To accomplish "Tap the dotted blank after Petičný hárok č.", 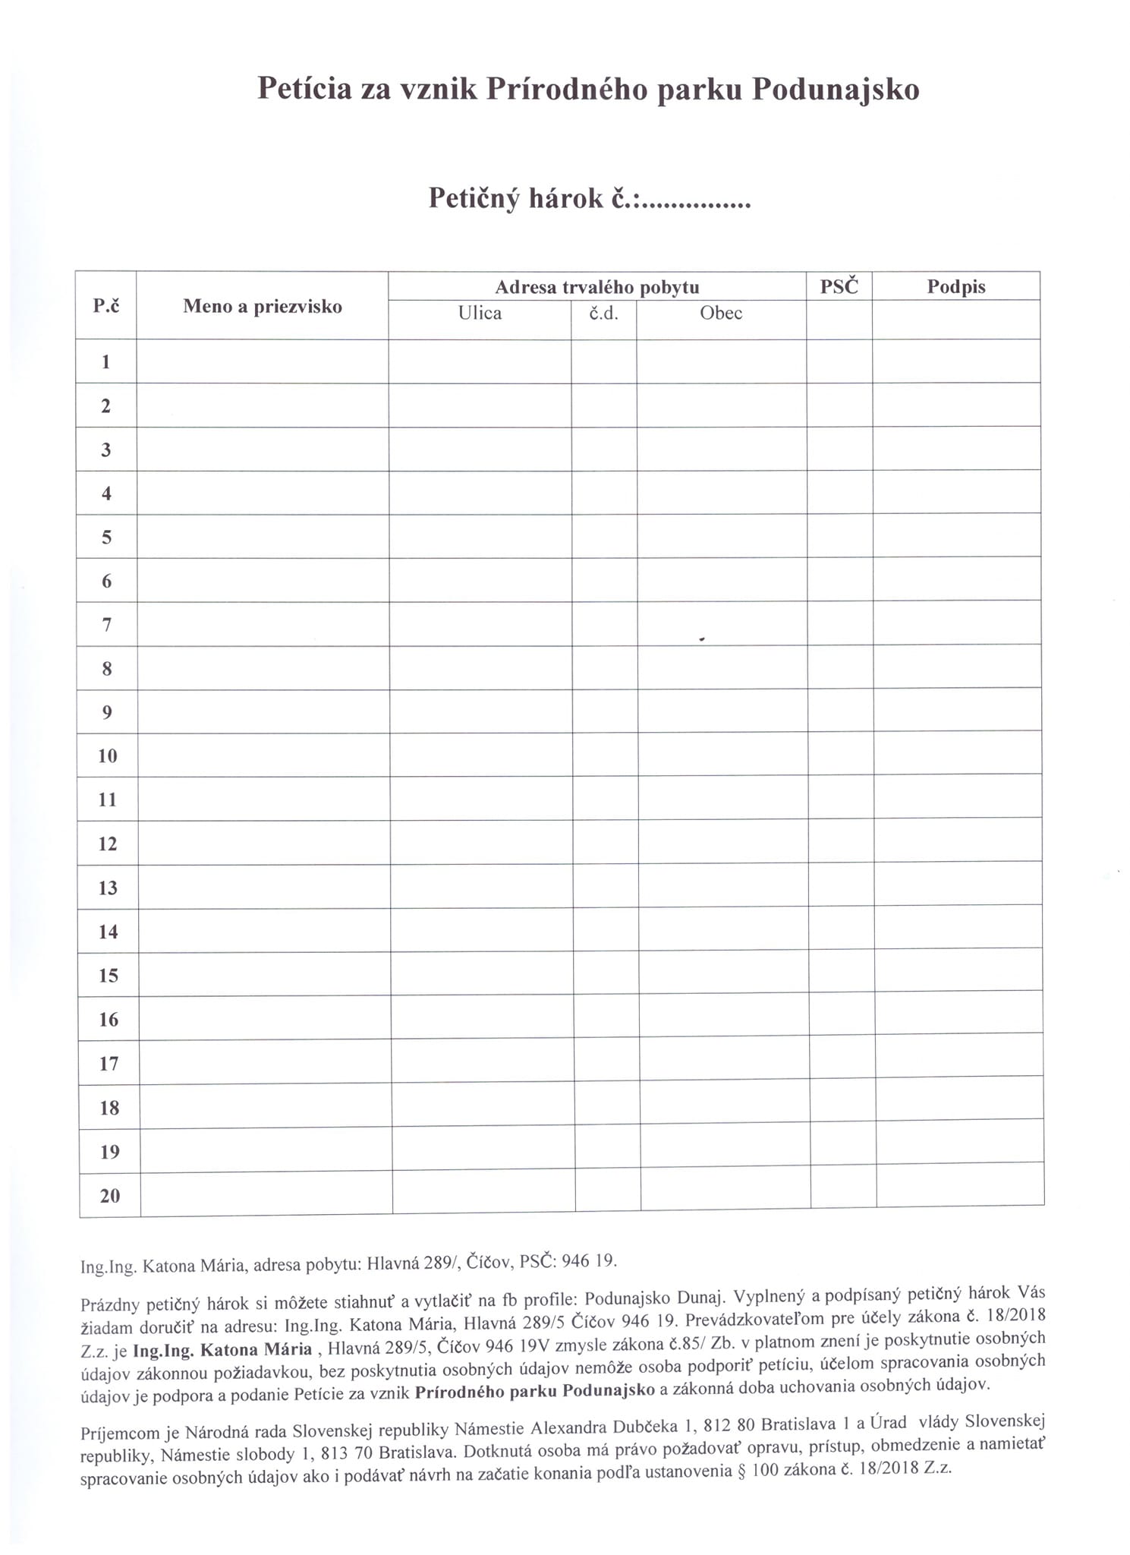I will click(x=696, y=200).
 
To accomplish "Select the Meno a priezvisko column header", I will click(x=263, y=307).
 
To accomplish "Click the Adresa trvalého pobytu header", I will click(x=596, y=287).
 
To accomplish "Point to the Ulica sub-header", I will click(x=480, y=314).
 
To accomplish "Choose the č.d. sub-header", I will click(x=603, y=314).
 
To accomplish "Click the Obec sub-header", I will click(x=721, y=314).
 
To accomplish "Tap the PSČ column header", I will click(x=839, y=287).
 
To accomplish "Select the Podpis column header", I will click(x=955, y=287).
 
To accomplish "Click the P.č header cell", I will click(x=106, y=306).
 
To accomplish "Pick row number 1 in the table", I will click(x=106, y=362).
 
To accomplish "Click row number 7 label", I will click(x=107, y=625).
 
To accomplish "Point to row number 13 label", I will click(x=108, y=888).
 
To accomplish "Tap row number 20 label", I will click(x=110, y=1196).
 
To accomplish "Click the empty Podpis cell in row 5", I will click(x=956, y=536).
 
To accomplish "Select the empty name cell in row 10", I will click(x=263, y=755).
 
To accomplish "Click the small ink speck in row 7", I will click(x=702, y=639).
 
